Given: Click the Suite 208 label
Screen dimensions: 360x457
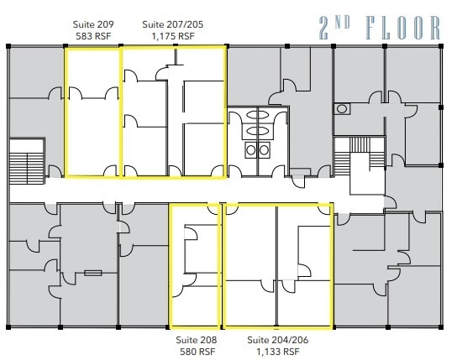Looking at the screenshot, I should (x=196, y=340).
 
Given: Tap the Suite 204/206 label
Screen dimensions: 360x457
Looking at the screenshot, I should (x=274, y=340).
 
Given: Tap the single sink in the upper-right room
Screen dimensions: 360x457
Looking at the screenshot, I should (x=342, y=108).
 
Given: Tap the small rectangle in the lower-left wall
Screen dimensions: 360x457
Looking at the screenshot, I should (x=92, y=272).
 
